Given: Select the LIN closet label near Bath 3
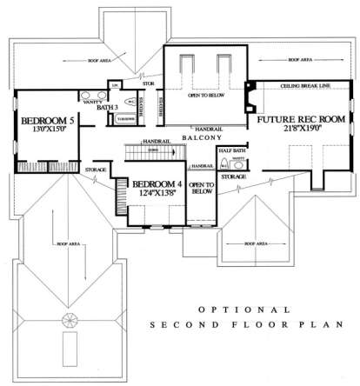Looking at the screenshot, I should pyautogui.click(x=114, y=84).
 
